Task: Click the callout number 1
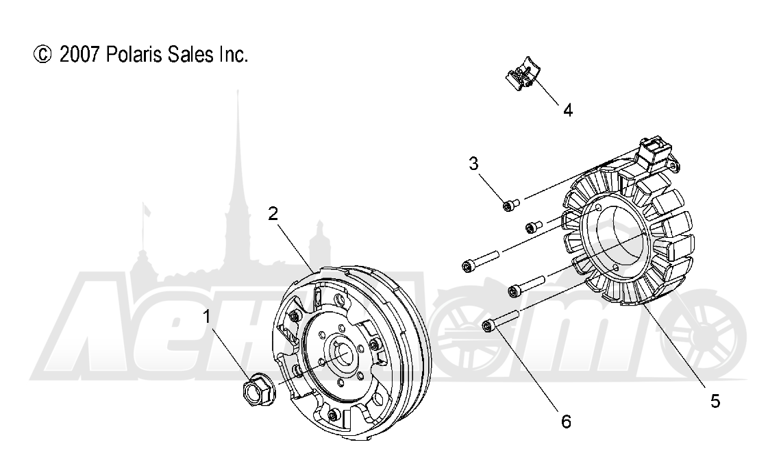(x=207, y=317)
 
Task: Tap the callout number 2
(x=273, y=213)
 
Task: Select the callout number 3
(x=473, y=163)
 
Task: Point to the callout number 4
(x=568, y=110)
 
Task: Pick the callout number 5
(x=715, y=401)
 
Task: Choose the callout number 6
(x=566, y=421)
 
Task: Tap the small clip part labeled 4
(x=521, y=75)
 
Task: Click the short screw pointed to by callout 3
(x=510, y=204)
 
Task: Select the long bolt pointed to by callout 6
(x=500, y=319)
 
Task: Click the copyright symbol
(x=42, y=54)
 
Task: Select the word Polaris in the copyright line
(x=134, y=54)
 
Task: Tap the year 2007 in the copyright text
(x=80, y=54)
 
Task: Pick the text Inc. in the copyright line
(x=233, y=54)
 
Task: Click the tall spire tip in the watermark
(x=238, y=92)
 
